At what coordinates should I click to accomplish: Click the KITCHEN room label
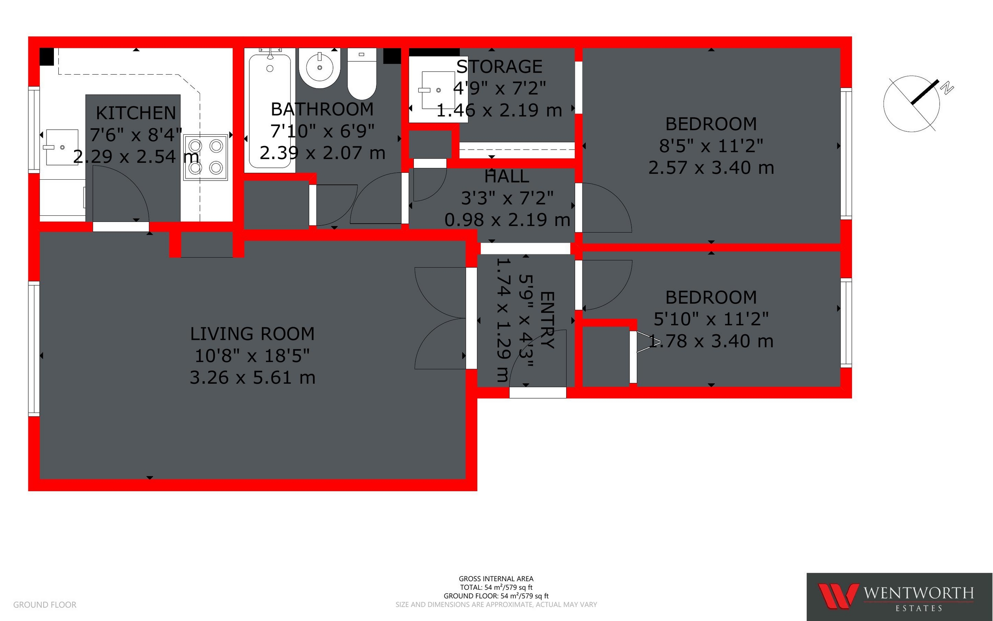[x=136, y=113]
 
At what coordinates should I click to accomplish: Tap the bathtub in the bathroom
[x=270, y=110]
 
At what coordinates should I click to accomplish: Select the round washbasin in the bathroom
[x=320, y=68]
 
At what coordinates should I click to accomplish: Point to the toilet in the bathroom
[x=362, y=74]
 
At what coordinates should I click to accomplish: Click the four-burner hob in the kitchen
[x=205, y=157]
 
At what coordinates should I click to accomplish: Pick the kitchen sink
[x=62, y=147]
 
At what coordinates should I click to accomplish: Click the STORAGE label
[x=499, y=67]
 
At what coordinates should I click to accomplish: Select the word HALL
[x=507, y=176]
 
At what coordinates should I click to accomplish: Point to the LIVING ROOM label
[x=253, y=334]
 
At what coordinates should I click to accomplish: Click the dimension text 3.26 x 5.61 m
[x=253, y=378]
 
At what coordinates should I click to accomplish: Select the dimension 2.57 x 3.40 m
[x=711, y=168]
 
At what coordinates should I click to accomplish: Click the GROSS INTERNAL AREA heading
[x=496, y=579]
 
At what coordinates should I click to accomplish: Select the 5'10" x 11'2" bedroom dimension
[x=711, y=319]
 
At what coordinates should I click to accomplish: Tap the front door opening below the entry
[x=537, y=393]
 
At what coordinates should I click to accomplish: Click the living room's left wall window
[x=34, y=349]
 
